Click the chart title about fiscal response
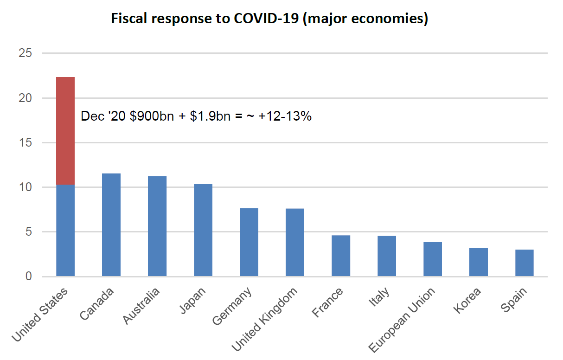(269, 19)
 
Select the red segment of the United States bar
(65, 130)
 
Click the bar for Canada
(111, 225)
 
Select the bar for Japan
(203, 230)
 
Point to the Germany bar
(249, 242)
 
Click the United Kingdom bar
(295, 243)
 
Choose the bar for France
(341, 256)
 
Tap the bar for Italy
(387, 256)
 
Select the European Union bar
(433, 259)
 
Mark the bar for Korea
(479, 262)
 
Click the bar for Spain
(525, 263)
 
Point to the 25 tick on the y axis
(26, 53)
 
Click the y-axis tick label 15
(26, 143)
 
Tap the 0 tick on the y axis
(29, 276)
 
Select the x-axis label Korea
(468, 301)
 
